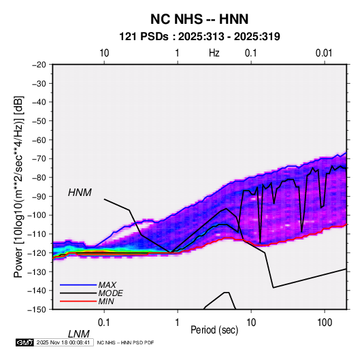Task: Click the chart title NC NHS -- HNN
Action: coord(199,19)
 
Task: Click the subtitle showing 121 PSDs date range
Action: coord(199,37)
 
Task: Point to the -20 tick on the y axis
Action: coord(39,65)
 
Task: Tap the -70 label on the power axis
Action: coord(39,159)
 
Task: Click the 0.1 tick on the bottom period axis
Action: coord(104,323)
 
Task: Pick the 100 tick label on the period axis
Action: coord(325,323)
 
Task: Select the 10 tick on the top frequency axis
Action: coord(104,53)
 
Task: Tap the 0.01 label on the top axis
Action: coord(324,53)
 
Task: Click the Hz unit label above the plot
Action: coord(214,53)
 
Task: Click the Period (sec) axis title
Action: coord(214,330)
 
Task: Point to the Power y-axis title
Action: coord(18,187)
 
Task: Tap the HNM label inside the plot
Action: coord(80,193)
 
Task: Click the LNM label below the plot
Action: coord(79,334)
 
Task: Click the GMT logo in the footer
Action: coord(25,342)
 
